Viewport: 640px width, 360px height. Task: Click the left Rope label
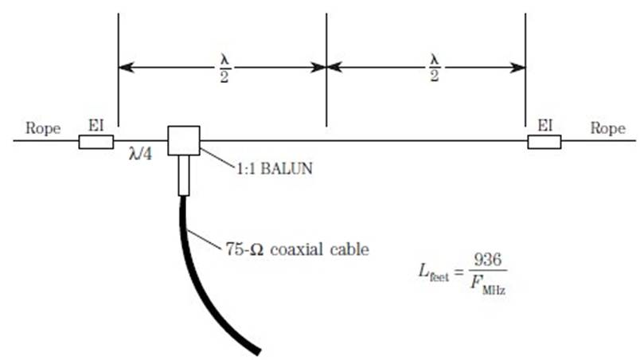(x=44, y=128)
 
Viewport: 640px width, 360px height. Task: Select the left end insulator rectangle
(x=96, y=142)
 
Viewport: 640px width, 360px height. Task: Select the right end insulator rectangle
(x=544, y=142)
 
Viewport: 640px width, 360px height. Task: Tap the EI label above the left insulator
(x=95, y=126)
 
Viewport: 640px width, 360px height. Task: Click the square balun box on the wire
(x=183, y=140)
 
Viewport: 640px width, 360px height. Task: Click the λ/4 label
(x=142, y=155)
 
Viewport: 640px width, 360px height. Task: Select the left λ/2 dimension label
(x=224, y=68)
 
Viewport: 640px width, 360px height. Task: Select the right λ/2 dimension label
(x=434, y=68)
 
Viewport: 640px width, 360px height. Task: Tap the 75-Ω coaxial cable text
(x=296, y=249)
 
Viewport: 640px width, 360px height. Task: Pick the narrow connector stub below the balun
(x=183, y=176)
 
